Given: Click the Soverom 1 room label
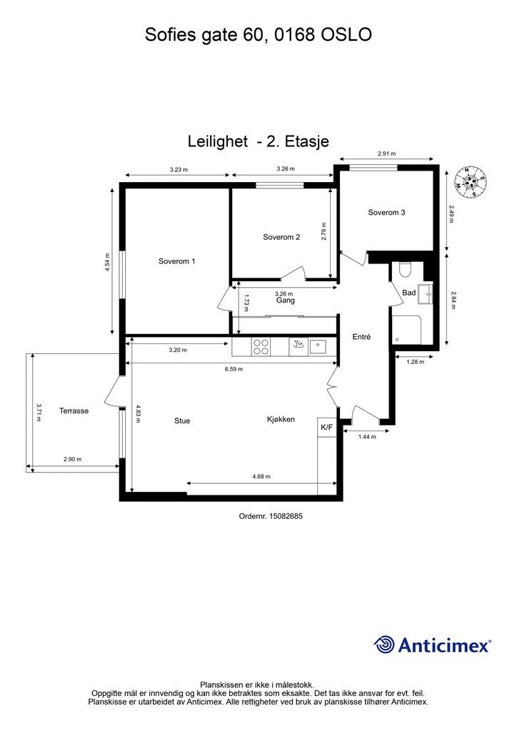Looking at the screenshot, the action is pos(176,261).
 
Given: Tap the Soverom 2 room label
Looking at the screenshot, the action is pos(281,237).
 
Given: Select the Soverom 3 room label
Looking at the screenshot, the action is pos(386,213).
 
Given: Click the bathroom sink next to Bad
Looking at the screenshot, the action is pos(425,293).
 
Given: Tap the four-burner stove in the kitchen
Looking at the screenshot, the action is pos(261,348).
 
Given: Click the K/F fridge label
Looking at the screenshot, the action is pos(326,427).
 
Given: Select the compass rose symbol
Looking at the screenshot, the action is pos(472,181).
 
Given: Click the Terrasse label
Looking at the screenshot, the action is pos(74,410).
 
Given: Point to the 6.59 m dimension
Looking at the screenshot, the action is pos(234,369).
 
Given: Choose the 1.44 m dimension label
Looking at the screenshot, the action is pos(367,437).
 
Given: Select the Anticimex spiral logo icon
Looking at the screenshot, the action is pos(384,645).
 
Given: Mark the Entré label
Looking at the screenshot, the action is pos(361,337).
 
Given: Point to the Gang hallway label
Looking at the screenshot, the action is pos(286,301).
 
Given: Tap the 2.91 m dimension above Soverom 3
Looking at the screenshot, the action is pos(386,153).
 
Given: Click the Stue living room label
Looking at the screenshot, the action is pos(182,420).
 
